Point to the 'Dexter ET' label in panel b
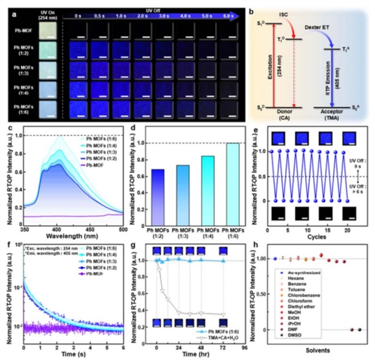tap(317, 27)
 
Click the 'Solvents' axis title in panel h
tap(317, 350)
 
